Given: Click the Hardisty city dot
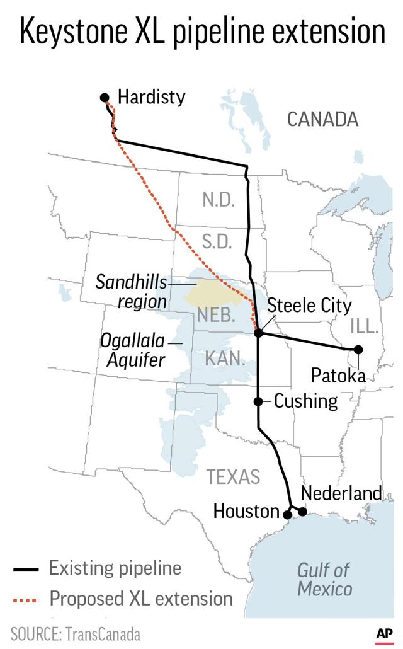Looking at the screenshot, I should (105, 97).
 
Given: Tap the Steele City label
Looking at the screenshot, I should (309, 306).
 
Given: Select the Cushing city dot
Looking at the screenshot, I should (258, 401).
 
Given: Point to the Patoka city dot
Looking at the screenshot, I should (358, 349).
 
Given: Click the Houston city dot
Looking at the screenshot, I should (288, 515).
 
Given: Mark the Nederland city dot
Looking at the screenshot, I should (302, 512).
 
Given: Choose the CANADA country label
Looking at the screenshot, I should (322, 119).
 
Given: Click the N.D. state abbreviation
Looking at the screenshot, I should (219, 200).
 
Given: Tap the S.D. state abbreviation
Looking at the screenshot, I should (217, 242).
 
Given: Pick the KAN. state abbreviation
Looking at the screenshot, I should (225, 359).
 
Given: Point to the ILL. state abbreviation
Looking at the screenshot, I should (365, 326).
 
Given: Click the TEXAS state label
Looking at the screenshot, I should (233, 477).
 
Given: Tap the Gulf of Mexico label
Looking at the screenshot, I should (324, 580).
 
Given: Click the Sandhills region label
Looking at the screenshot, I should (132, 291).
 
